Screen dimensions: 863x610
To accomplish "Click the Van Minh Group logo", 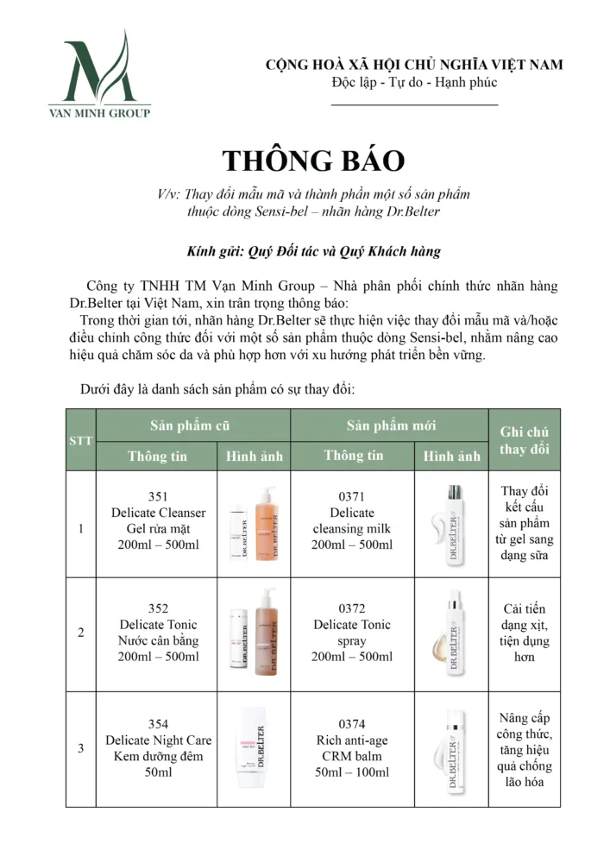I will click(x=99, y=75).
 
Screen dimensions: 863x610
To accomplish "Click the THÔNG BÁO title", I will click(x=313, y=161).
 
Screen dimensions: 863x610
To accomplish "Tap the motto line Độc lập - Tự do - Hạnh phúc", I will click(x=414, y=83).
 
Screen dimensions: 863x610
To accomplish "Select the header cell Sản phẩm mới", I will click(x=391, y=425).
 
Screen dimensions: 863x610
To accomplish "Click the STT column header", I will click(x=80, y=440).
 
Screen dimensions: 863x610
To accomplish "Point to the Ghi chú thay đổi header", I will click(x=524, y=440).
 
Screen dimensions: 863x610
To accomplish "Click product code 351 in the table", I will click(x=158, y=496).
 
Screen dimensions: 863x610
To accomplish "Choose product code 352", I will click(x=158, y=608).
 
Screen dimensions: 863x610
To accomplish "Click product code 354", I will click(x=158, y=724).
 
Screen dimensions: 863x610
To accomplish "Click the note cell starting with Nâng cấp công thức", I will click(x=525, y=750).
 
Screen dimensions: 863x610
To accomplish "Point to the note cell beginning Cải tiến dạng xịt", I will click(x=525, y=633).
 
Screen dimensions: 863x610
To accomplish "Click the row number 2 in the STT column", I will click(x=81, y=633).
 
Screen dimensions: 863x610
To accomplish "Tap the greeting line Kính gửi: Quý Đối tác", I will click(x=313, y=252).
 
